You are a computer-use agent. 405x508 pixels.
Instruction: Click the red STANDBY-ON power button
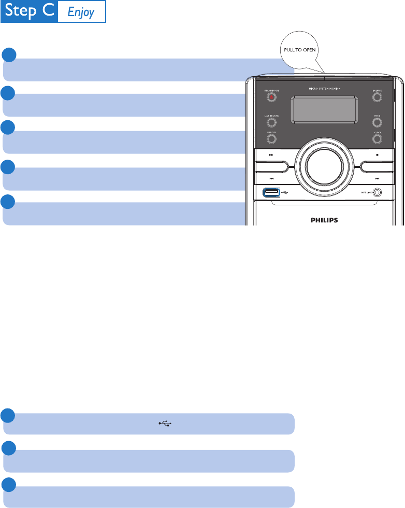coord(271,97)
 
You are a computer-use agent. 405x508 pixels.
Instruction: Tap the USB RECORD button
coord(271,122)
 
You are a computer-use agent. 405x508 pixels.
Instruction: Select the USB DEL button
coord(271,138)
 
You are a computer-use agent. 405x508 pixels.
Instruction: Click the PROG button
coord(377,122)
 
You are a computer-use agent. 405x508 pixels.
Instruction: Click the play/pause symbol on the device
coord(271,154)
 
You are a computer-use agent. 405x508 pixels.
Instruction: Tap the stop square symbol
coord(378,154)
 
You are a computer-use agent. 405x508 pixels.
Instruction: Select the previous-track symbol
coord(271,179)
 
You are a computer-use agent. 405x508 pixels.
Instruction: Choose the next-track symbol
coord(378,179)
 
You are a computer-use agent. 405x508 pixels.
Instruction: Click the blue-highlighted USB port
coord(271,193)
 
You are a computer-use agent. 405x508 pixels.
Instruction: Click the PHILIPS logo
coord(324,220)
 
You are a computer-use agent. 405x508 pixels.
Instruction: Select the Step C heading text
coord(28,11)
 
